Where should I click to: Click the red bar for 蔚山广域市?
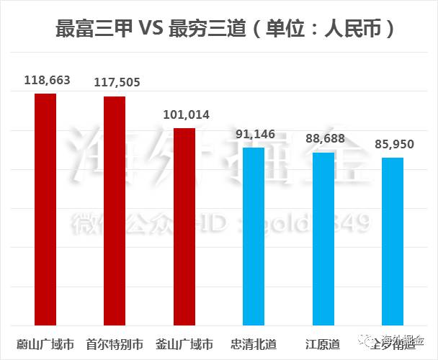(x=45, y=209)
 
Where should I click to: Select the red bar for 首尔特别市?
(x=115, y=210)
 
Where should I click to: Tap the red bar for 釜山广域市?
(x=184, y=226)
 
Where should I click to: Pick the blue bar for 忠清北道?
(x=254, y=235)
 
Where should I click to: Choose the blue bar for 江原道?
(x=323, y=238)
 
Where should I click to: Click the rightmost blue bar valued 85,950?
(x=392, y=240)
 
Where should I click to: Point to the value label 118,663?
(x=46, y=81)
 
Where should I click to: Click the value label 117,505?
(x=116, y=83)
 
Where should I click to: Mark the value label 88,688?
(x=323, y=138)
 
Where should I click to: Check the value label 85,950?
(x=394, y=144)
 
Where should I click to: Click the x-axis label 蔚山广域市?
(x=45, y=343)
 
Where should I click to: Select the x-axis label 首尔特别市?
(x=115, y=343)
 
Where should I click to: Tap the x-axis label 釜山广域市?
(x=184, y=343)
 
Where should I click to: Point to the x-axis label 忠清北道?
(x=254, y=343)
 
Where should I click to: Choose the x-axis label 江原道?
(x=323, y=343)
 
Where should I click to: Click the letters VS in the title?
(x=149, y=30)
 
